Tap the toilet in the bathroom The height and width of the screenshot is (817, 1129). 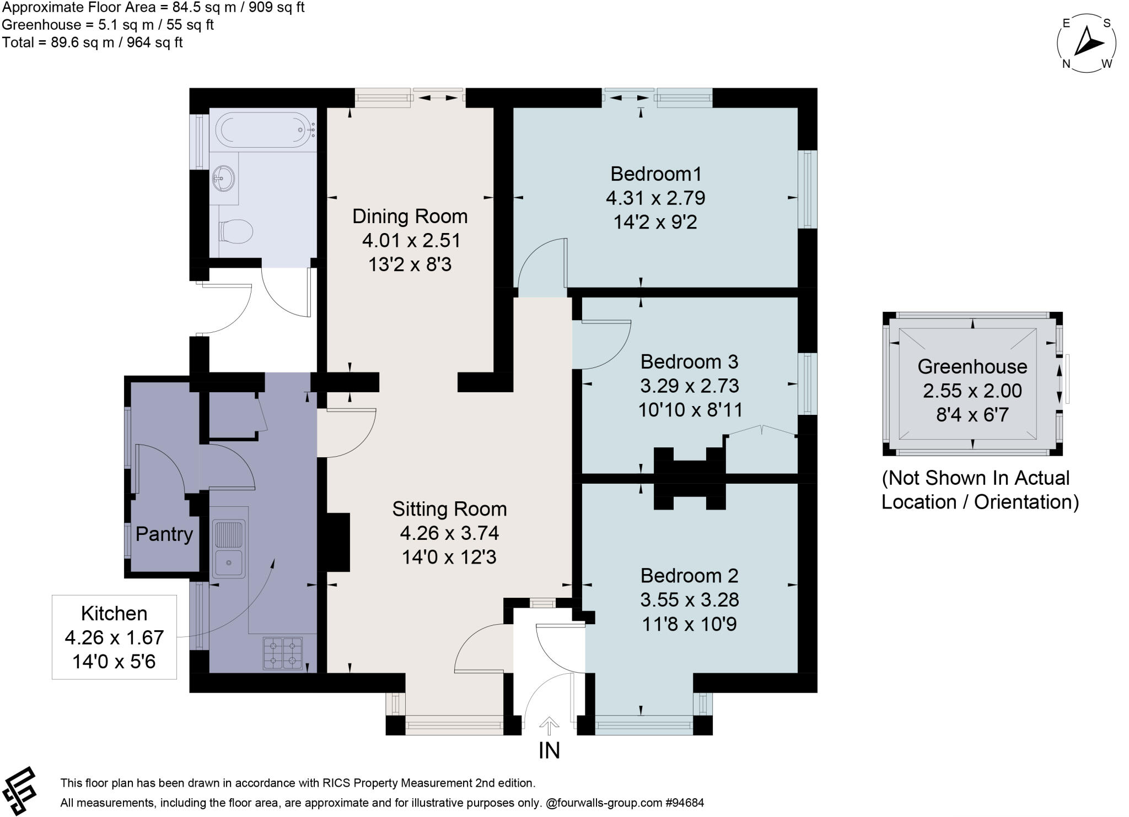click(236, 230)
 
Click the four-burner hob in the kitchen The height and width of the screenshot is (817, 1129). click(283, 652)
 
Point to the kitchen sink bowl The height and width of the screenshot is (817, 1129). click(228, 563)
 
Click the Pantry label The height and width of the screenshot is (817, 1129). click(164, 534)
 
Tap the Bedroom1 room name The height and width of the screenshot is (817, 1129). click(655, 174)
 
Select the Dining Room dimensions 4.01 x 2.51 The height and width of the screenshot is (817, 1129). click(411, 241)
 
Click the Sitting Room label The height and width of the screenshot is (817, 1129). click(449, 509)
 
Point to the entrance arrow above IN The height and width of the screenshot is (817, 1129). click(549, 726)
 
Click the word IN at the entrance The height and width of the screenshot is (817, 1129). click(549, 751)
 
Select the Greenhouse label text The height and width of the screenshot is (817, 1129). click(972, 366)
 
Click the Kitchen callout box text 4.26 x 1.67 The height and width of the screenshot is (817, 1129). click(114, 637)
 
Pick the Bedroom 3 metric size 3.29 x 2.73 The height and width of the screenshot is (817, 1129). click(689, 386)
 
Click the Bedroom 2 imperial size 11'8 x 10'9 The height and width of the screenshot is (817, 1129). click(689, 624)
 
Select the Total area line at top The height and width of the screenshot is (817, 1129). click(92, 42)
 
